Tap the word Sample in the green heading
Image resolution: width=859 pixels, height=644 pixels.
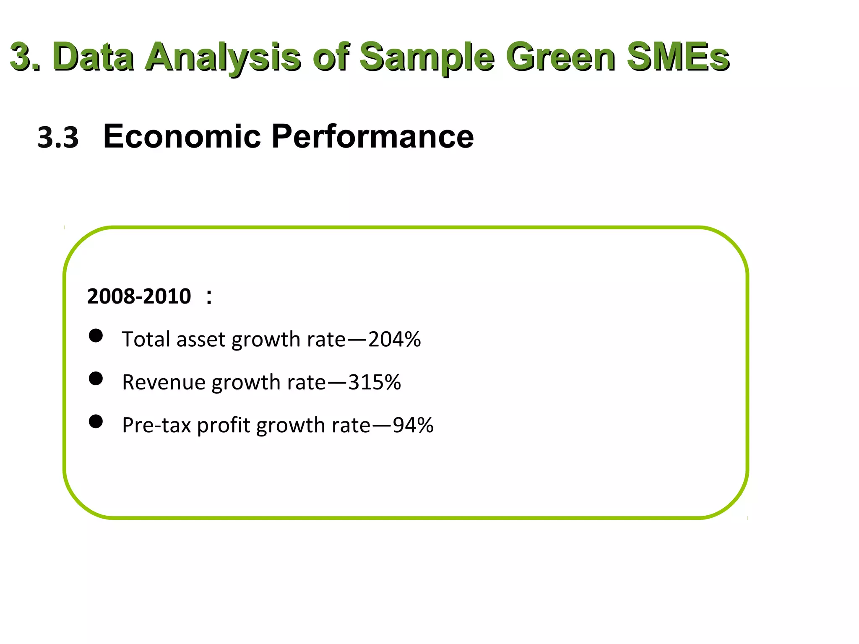427,57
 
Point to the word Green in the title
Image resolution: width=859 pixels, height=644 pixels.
561,57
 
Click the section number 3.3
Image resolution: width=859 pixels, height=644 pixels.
58,138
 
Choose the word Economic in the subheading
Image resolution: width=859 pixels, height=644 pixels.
182,136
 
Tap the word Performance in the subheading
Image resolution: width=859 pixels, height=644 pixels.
372,136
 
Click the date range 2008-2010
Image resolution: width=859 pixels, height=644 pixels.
139,296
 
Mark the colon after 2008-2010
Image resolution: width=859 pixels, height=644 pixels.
209,297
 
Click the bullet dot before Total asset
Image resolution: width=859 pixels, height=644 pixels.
96,336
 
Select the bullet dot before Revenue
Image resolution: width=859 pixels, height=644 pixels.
96,379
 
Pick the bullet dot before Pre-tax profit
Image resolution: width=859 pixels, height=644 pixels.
96,421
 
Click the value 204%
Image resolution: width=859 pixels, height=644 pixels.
394,339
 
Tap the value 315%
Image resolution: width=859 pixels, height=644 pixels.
374,382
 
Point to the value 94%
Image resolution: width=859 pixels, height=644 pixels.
413,425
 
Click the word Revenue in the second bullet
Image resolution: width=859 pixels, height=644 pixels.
164,382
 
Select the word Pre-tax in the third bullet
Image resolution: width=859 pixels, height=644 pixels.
156,425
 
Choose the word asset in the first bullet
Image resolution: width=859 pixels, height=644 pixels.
200,340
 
